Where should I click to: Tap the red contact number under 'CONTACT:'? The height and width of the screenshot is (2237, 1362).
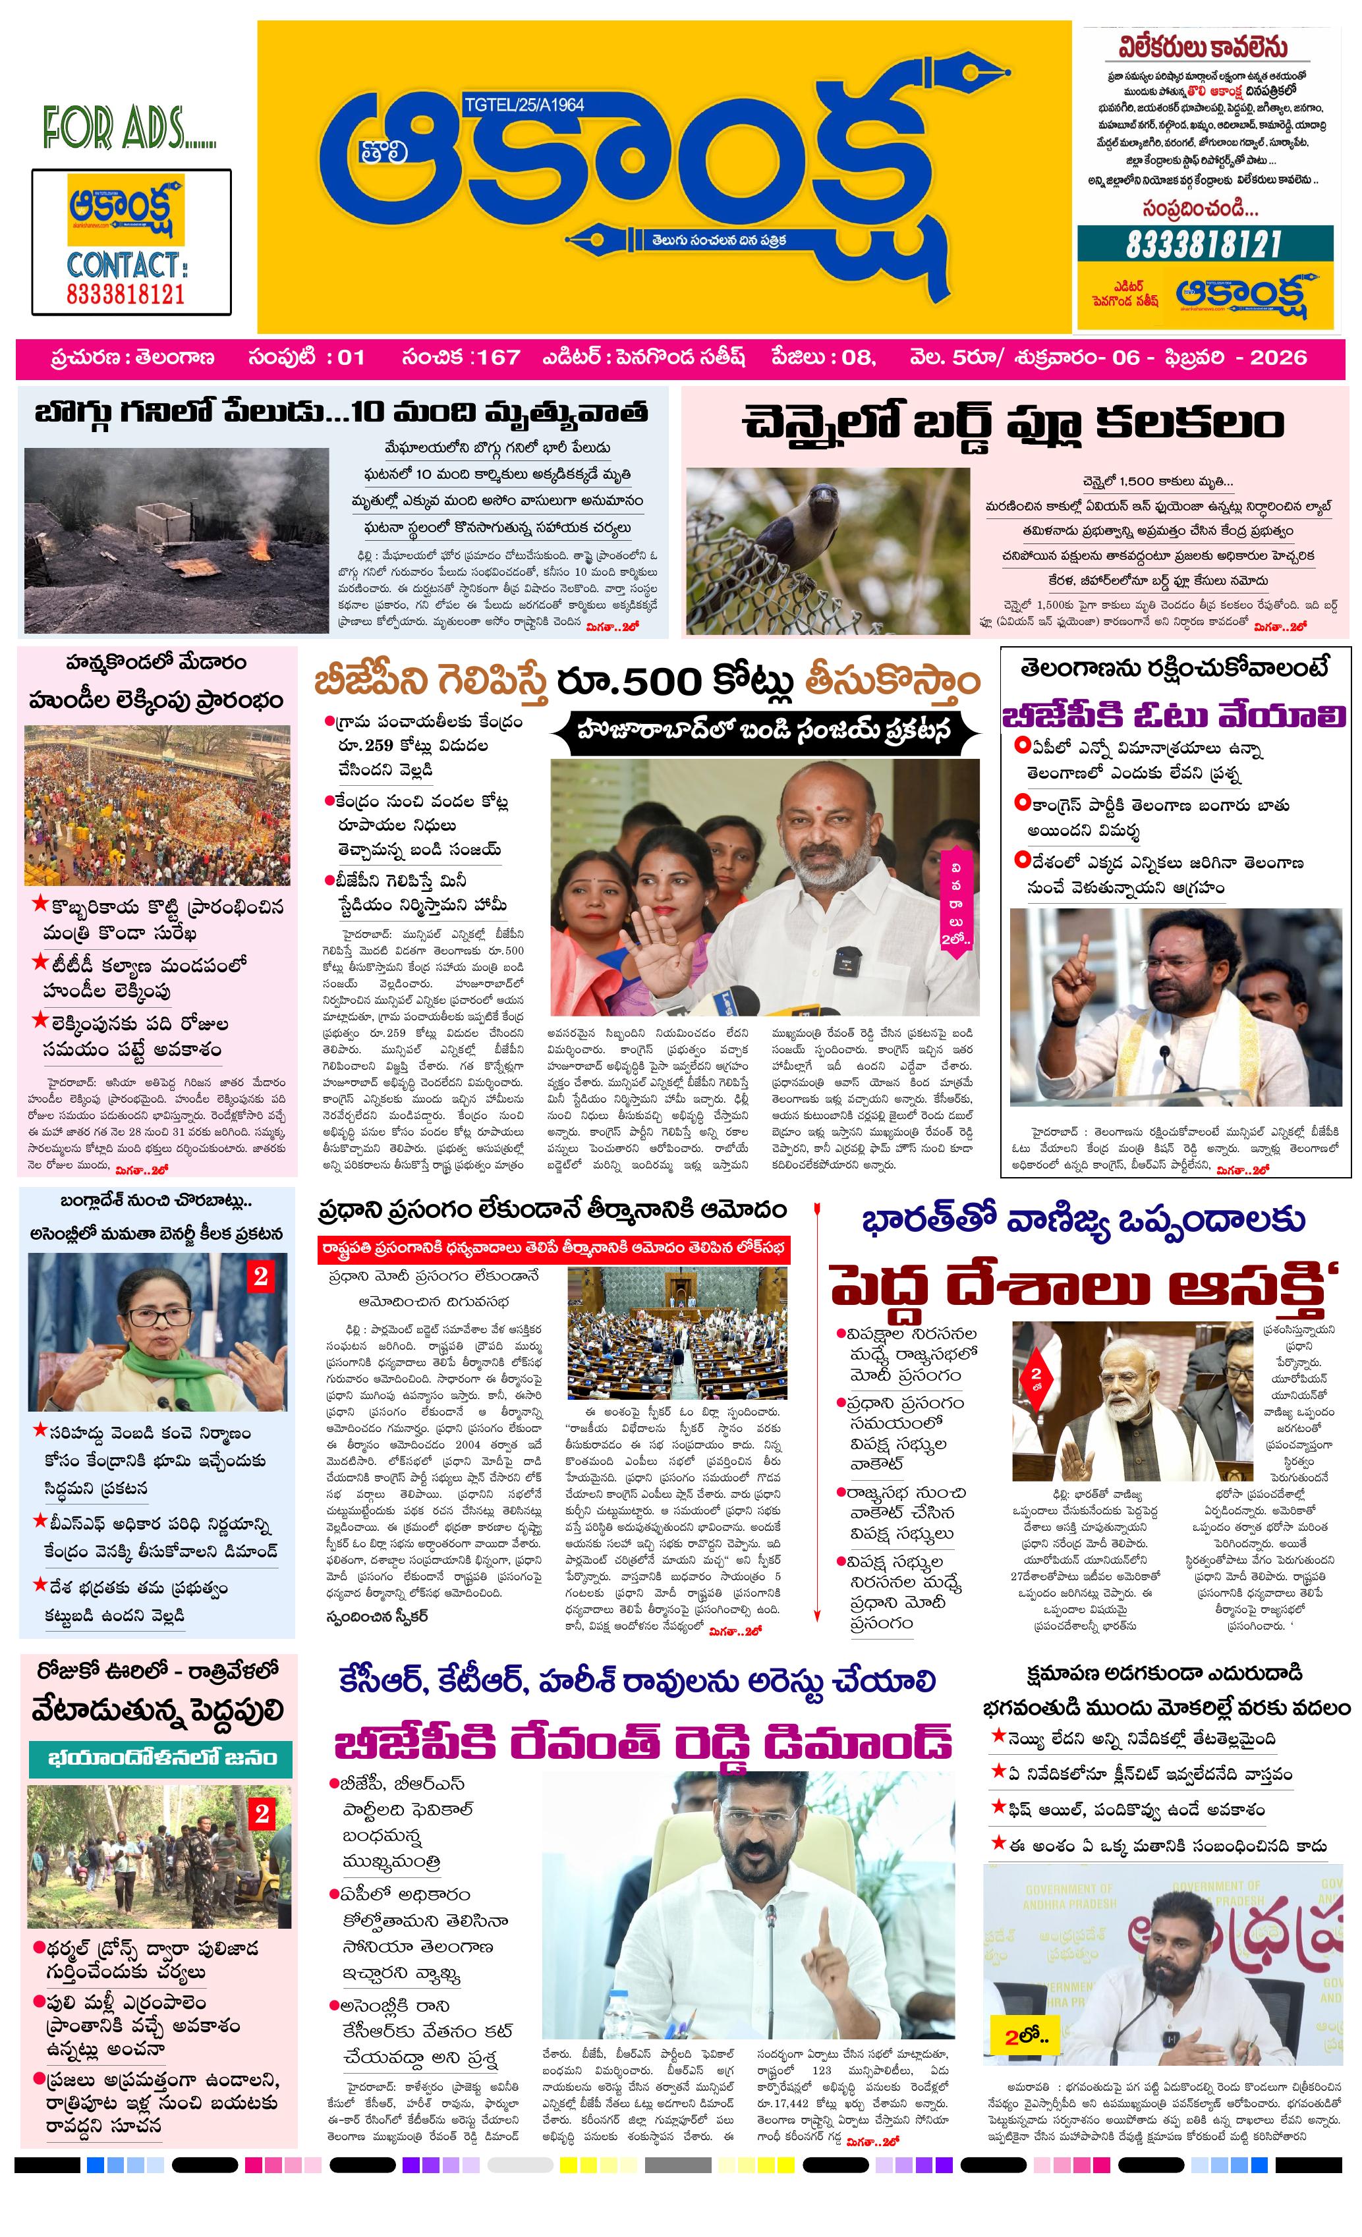pos(125,294)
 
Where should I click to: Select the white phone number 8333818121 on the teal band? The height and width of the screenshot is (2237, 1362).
pos(1203,244)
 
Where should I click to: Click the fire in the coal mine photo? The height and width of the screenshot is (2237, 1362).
pos(260,545)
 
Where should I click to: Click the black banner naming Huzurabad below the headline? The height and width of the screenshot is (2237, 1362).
pos(764,729)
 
